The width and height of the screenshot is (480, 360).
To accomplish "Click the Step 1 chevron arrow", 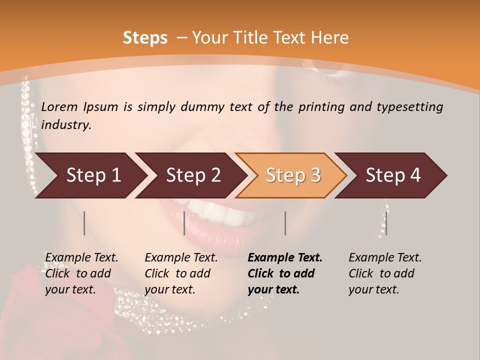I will [x=90, y=175].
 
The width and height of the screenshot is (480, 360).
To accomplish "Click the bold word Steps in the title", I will [x=145, y=38].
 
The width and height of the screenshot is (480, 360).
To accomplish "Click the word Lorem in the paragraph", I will [x=58, y=106].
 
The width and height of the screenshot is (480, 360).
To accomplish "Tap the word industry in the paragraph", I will [x=66, y=124].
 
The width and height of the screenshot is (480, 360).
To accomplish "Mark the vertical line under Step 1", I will [x=84, y=223].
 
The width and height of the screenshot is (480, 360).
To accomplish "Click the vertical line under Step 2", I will [x=184, y=223].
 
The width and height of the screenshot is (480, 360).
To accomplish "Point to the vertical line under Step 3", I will [x=285, y=223].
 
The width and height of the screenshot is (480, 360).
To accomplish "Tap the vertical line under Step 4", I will [x=386, y=223].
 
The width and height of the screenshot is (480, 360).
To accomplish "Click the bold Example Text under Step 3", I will [x=285, y=257].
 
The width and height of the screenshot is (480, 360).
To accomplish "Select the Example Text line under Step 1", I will [x=81, y=257].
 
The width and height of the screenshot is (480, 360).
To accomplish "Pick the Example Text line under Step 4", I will [x=385, y=257].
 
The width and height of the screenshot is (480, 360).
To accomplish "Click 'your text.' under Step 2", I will [x=169, y=289].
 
